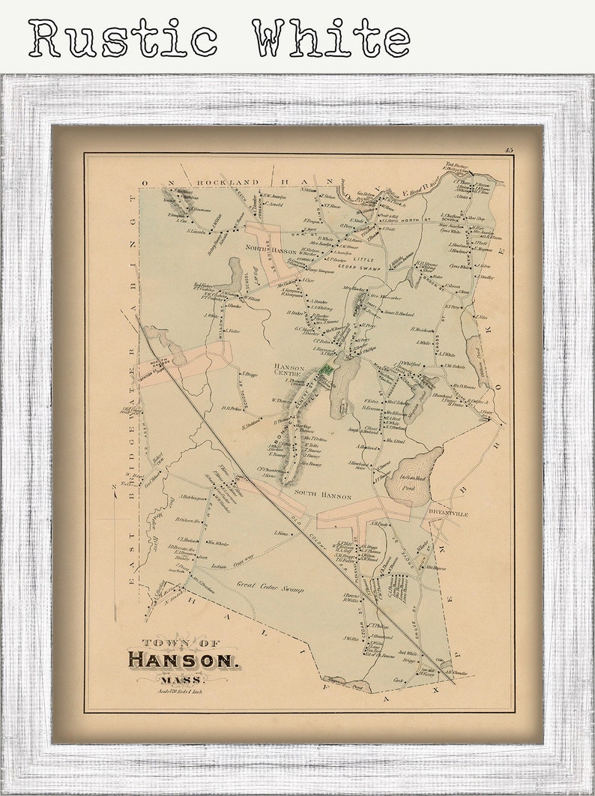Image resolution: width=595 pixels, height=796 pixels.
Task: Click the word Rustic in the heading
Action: pyautogui.click(x=124, y=37)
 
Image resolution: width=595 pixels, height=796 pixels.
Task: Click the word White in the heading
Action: pyautogui.click(x=330, y=37)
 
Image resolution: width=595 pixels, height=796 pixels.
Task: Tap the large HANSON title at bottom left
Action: pyautogui.click(x=184, y=660)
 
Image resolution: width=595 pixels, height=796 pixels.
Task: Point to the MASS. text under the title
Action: pyautogui.click(x=175, y=680)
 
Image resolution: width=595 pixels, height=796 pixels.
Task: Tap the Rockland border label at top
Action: pyautogui.click(x=228, y=182)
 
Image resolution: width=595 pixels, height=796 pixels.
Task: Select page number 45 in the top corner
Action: pyautogui.click(x=509, y=151)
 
